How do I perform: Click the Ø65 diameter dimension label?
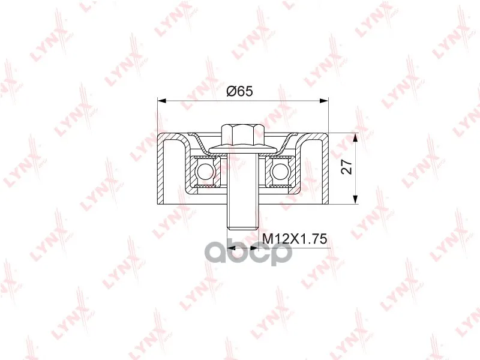coord(239,91)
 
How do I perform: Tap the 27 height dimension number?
coord(347,167)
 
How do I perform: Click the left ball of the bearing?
coord(203,171)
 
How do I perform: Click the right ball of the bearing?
coord(278,171)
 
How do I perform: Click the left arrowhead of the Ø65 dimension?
coord(161,101)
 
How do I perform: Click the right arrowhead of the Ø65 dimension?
coord(324,101)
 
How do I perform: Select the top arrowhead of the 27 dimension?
coord(355,137)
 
